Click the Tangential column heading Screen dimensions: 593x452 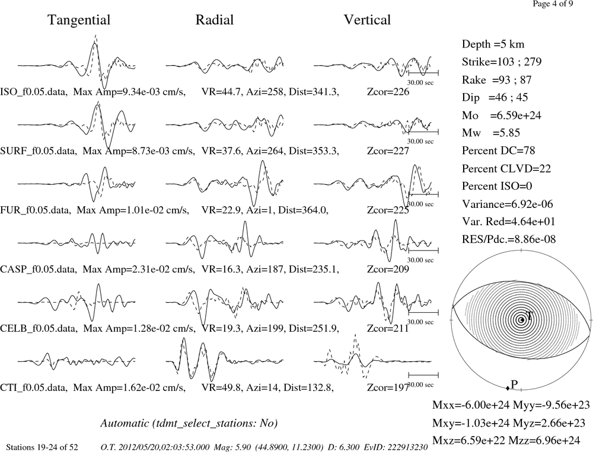(79, 20)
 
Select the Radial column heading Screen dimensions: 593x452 (215, 20)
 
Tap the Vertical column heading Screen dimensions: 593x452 (367, 20)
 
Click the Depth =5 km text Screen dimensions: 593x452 (493, 44)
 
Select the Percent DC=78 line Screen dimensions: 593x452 (499, 151)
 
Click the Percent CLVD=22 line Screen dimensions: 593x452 (506, 169)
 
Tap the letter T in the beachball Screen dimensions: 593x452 (530, 316)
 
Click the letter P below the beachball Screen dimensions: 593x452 (514, 384)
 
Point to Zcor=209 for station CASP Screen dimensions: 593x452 (388, 269)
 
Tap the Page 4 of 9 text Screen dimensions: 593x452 (553, 4)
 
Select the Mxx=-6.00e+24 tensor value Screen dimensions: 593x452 (471, 405)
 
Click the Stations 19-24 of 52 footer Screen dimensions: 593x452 (42, 447)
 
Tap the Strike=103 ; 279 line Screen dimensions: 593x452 (502, 62)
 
